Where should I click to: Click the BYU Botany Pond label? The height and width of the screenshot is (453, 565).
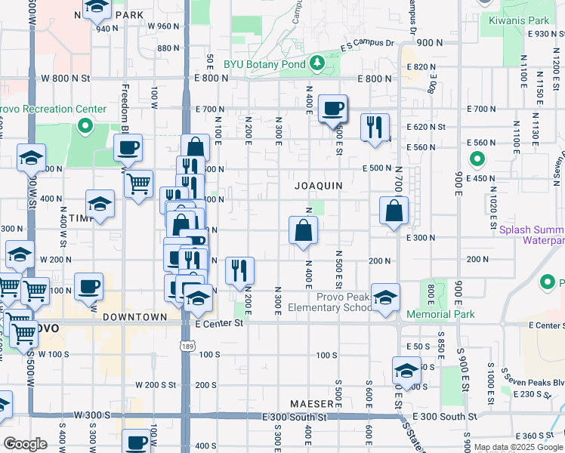tap(264, 63)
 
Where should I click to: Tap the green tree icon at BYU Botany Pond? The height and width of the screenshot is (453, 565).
tap(318, 63)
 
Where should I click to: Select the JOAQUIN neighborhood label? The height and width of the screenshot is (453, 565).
tap(318, 185)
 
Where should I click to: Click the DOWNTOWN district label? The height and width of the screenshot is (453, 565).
tap(135, 317)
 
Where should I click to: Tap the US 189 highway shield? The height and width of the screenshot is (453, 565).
tap(185, 345)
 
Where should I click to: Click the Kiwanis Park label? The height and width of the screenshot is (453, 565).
tap(519, 21)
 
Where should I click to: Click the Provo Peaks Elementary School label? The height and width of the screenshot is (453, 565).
tap(344, 302)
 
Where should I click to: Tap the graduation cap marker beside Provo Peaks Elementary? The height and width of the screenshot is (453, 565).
tap(385, 298)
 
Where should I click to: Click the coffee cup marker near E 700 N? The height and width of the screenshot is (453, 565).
tap(332, 109)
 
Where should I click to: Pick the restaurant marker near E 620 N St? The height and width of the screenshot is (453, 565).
tap(375, 128)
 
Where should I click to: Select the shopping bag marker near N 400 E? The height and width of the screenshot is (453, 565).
tap(303, 231)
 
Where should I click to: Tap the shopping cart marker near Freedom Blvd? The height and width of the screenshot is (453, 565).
tap(138, 183)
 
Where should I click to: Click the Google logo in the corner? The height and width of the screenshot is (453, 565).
tap(25, 444)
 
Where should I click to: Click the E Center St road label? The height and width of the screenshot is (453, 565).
tap(219, 323)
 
